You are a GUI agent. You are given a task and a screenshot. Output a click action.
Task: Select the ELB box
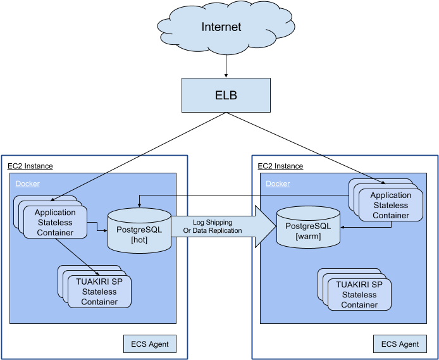coord(226,96)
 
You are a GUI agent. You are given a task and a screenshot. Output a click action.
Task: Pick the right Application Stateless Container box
coord(390,205)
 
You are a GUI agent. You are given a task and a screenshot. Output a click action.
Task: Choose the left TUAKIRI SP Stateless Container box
coord(99,292)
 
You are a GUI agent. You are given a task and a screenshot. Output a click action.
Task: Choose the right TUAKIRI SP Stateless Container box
coord(359,294)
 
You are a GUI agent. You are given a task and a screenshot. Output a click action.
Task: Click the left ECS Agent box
coord(149,344)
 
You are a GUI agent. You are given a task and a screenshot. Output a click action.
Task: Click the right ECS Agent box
coord(400,344)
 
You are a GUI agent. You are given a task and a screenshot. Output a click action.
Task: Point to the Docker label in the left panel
coord(27,184)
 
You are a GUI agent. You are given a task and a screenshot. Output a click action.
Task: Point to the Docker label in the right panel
coord(278,184)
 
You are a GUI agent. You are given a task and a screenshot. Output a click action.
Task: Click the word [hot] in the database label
coord(139,241)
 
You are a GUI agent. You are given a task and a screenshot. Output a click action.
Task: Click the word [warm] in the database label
coord(308,237)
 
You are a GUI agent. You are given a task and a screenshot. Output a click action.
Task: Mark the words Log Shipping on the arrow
coord(213,222)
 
